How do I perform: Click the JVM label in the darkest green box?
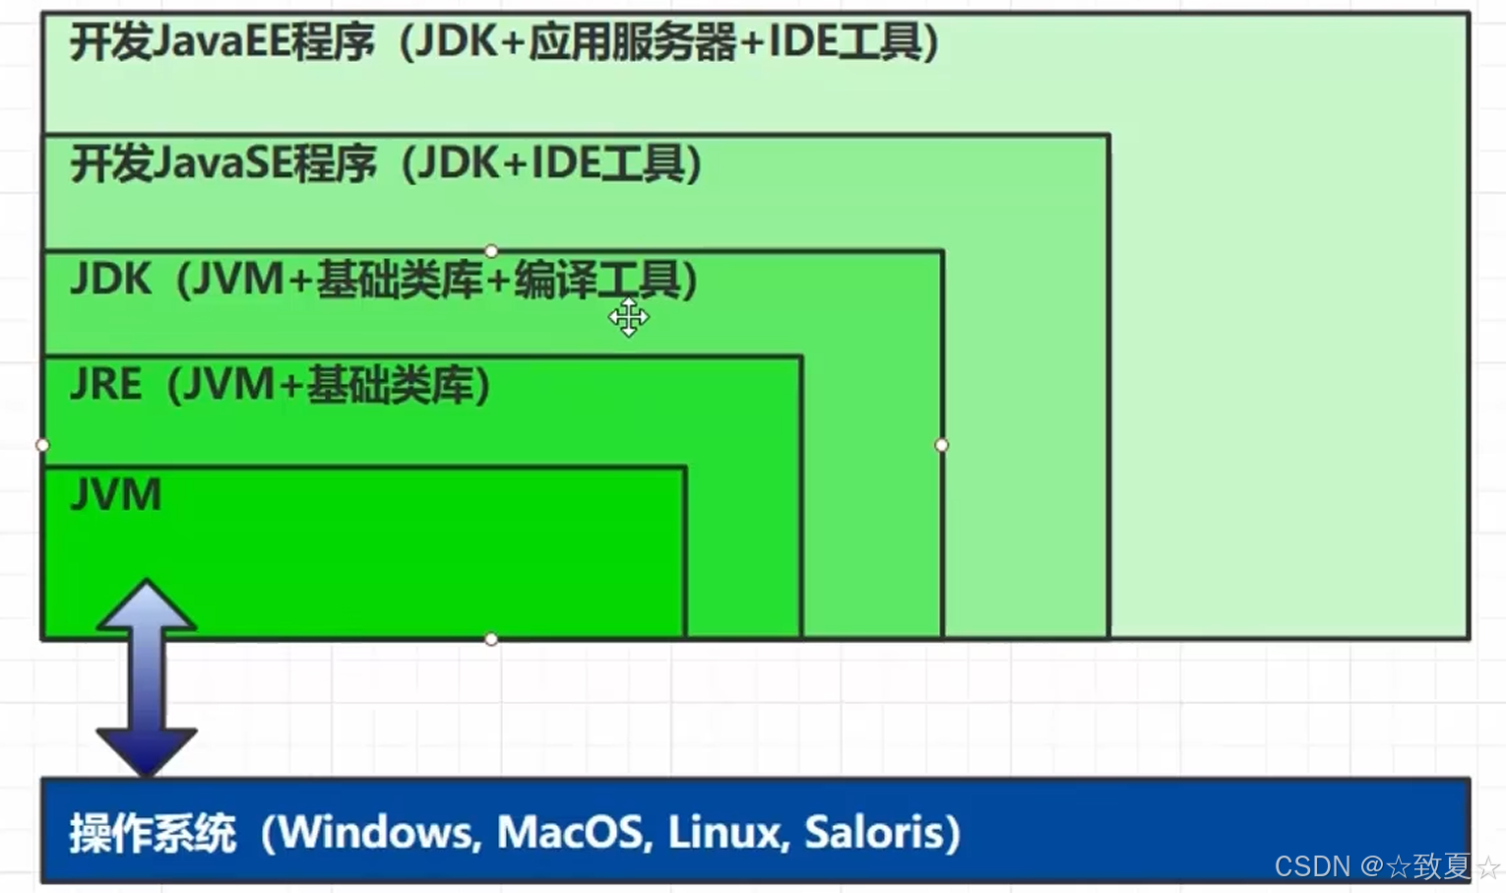[x=116, y=494]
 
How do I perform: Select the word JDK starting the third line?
[x=110, y=280]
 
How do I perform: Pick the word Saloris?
[x=875, y=833]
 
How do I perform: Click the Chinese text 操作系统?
[x=153, y=834]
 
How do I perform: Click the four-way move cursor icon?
[x=628, y=317]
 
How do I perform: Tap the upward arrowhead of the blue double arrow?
[x=147, y=603]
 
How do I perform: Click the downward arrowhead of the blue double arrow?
[x=147, y=751]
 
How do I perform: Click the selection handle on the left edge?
[x=42, y=445]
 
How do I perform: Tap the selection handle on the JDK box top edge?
[x=491, y=251]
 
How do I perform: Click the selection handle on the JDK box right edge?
[x=942, y=445]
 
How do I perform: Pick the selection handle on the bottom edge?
[x=491, y=640]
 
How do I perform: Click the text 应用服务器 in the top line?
[x=633, y=42]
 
